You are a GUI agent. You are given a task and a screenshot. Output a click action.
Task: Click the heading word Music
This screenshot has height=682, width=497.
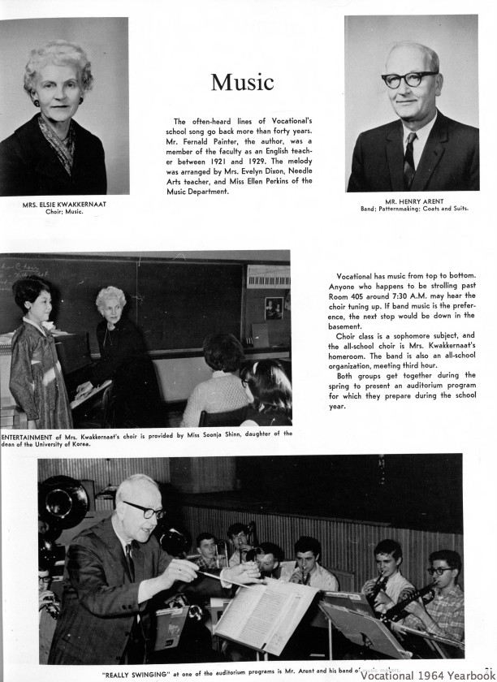click(x=242, y=83)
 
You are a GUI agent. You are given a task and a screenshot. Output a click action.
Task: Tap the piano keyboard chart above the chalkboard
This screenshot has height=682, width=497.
click(x=266, y=277)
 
